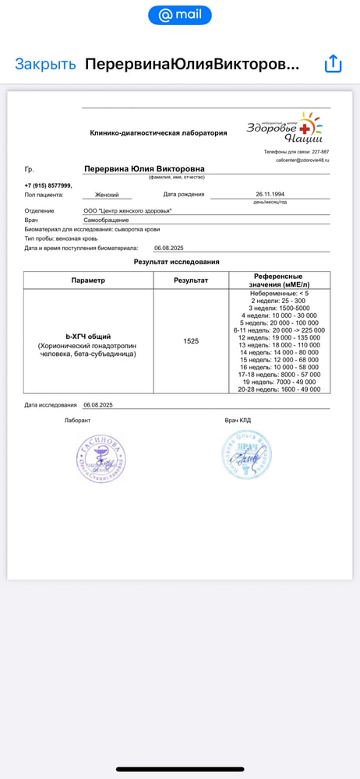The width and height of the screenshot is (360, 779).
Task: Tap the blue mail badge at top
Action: pyautogui.click(x=179, y=15)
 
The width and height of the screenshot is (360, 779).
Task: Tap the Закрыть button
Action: pyautogui.click(x=45, y=64)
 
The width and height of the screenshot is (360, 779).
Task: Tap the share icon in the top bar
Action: pyautogui.click(x=333, y=64)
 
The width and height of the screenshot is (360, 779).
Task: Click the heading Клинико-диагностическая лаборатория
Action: pyautogui.click(x=158, y=133)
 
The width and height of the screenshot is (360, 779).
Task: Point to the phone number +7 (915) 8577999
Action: pyautogui.click(x=48, y=185)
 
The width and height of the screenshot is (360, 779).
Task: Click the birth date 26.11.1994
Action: pyautogui.click(x=270, y=194)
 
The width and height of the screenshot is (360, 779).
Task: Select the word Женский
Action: pyautogui.click(x=107, y=195)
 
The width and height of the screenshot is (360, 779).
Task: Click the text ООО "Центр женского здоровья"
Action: pyautogui.click(x=128, y=211)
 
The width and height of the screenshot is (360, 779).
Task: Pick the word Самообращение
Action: pyautogui.click(x=106, y=220)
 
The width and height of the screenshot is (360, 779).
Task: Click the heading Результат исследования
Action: pyautogui.click(x=177, y=263)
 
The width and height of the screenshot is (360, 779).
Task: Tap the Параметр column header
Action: pyautogui.click(x=88, y=280)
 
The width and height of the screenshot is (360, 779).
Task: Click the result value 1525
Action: pyautogui.click(x=191, y=341)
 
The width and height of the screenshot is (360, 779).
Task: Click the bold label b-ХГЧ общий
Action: pyautogui.click(x=88, y=337)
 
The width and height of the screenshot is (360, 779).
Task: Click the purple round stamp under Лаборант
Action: pyautogui.click(x=100, y=457)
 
